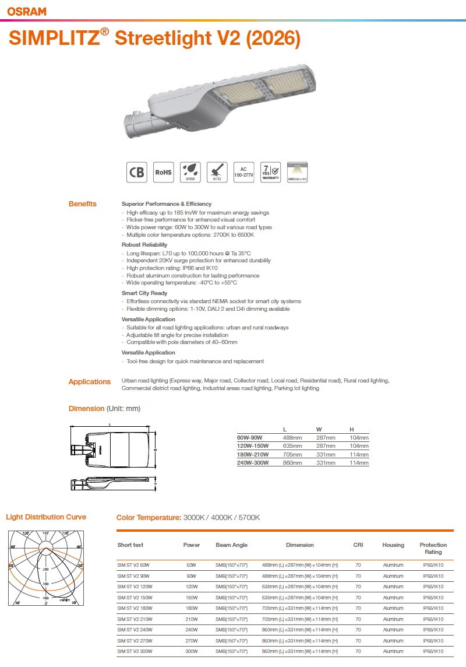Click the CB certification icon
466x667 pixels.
click(x=137, y=172)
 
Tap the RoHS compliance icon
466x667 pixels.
click(x=163, y=172)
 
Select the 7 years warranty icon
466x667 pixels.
click(x=270, y=172)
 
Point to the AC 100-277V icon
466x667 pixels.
click(x=243, y=172)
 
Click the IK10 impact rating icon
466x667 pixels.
click(x=217, y=172)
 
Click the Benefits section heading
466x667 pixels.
click(x=83, y=204)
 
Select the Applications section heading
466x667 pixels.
click(x=89, y=382)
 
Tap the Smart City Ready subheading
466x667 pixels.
click(x=144, y=293)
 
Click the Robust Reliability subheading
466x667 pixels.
click(x=144, y=245)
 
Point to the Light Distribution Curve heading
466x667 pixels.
click(x=46, y=517)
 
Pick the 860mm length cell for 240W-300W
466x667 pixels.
click(x=292, y=463)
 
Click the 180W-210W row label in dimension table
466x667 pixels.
click(x=250, y=455)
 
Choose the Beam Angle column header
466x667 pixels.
click(x=231, y=545)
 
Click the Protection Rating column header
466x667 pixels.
click(x=433, y=549)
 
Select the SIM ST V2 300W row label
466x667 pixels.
click(x=133, y=651)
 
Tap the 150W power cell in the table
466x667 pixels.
click(x=191, y=598)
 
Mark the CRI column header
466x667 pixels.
click(x=358, y=545)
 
